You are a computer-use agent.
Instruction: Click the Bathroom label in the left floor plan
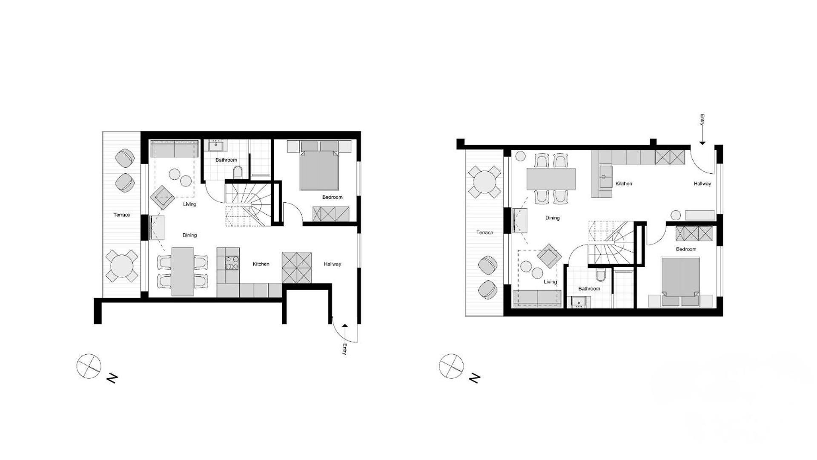[226, 160]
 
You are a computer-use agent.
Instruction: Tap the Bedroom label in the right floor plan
[686, 249]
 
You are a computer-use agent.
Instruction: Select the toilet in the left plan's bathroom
[238, 172]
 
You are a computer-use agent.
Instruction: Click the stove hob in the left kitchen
[232, 262]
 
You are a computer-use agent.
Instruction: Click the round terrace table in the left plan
[122, 266]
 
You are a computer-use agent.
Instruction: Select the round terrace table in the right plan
[484, 182]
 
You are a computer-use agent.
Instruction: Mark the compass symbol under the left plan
[89, 366]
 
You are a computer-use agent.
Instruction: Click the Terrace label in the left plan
[122, 215]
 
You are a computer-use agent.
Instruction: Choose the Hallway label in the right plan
[702, 184]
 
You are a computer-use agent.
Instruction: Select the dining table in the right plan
[551, 179]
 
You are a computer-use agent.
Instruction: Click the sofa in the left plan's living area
[175, 149]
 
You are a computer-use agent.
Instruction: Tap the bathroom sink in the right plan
[578, 302]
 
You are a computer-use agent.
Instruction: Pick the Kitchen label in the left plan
[261, 264]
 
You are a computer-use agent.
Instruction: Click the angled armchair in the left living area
[162, 198]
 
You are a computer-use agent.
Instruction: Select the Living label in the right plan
[550, 282]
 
